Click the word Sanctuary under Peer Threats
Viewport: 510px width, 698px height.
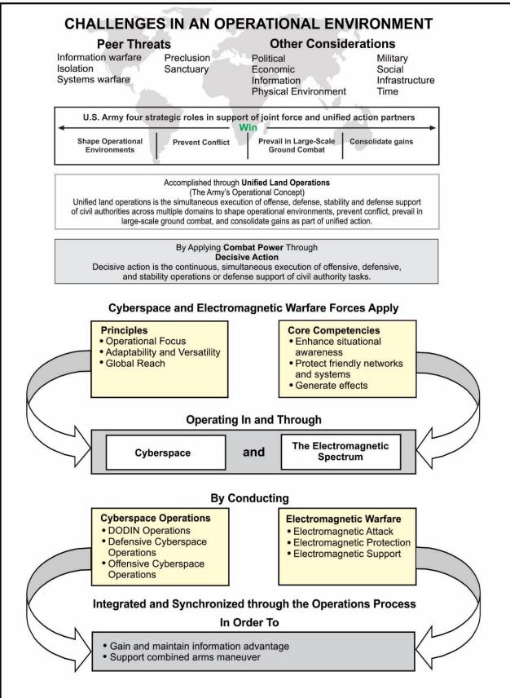click(187, 69)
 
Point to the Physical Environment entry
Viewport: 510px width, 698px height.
click(299, 92)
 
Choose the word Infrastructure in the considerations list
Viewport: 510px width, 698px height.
click(405, 81)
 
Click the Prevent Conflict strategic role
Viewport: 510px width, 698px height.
click(200, 142)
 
